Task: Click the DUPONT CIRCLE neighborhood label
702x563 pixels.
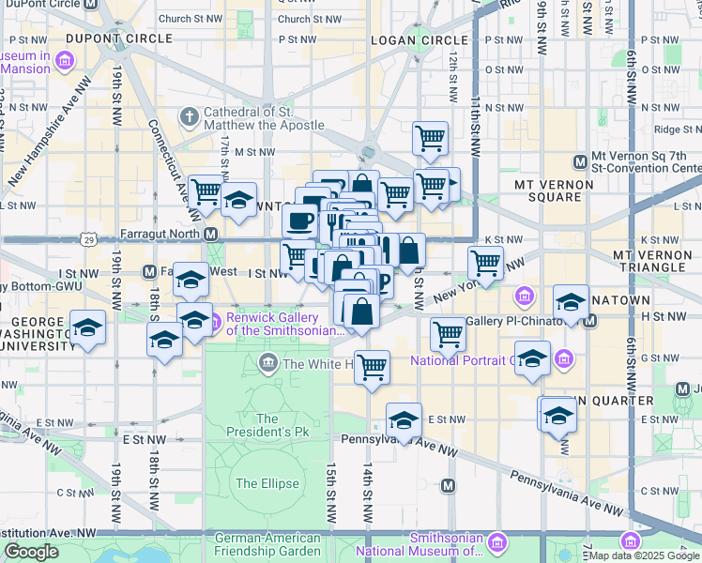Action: click(119, 38)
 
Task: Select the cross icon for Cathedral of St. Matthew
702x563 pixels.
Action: click(190, 117)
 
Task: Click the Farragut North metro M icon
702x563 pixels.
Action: click(211, 234)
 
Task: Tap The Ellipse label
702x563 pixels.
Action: click(267, 483)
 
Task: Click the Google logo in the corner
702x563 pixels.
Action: click(32, 552)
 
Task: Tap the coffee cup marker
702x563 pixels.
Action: click(299, 221)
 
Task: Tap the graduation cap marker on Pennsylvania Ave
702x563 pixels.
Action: click(404, 419)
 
